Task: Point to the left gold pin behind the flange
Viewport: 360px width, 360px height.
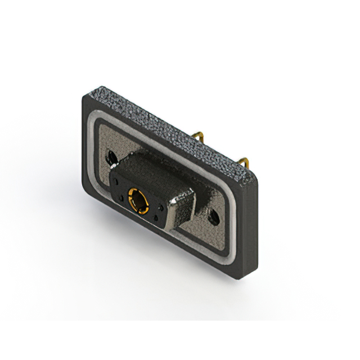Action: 200,137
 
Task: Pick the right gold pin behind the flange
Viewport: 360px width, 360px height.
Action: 243,163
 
